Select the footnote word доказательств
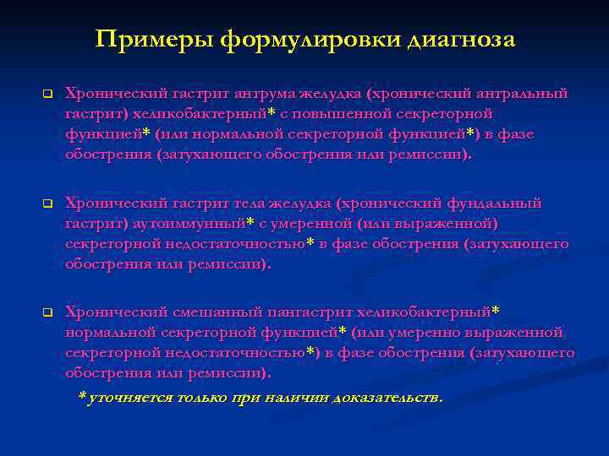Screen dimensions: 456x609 [x=387, y=398]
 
